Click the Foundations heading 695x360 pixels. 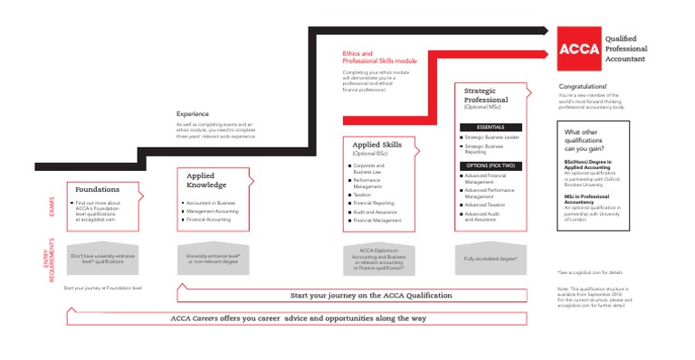coord(97,189)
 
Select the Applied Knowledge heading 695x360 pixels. coord(205,180)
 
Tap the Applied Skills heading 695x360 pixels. coord(377,144)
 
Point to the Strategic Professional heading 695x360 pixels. coord(486,95)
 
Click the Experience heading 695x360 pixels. coord(193,114)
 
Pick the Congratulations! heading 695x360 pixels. coord(583,87)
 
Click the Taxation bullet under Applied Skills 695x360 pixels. coord(362,194)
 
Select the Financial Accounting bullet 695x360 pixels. coord(210,220)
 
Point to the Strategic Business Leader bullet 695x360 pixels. coord(492,137)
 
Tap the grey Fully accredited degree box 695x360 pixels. coord(490,258)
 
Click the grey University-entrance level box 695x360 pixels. coord(213,258)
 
